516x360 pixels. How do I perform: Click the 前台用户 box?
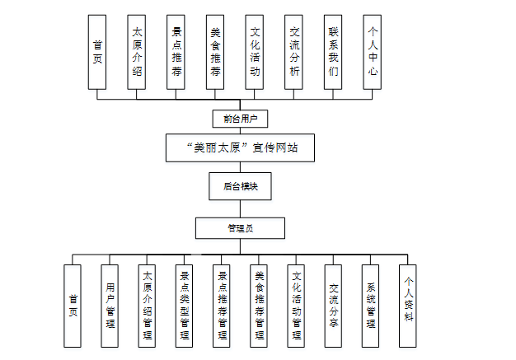coord(240,119)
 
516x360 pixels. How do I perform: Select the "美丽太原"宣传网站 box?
coord(240,148)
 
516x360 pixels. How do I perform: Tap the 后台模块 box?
coord(240,186)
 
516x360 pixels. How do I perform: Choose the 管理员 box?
coord(240,227)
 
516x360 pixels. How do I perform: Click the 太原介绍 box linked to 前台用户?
coord(137,51)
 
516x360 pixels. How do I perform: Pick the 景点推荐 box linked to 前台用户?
coord(176,51)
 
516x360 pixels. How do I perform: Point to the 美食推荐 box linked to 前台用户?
coord(215,51)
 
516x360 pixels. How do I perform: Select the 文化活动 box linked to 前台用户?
coord(255,51)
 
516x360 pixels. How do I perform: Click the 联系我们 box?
coord(332,51)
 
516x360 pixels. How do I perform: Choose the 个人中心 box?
coord(372,51)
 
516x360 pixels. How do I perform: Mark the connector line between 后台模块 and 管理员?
coord(240,208)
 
